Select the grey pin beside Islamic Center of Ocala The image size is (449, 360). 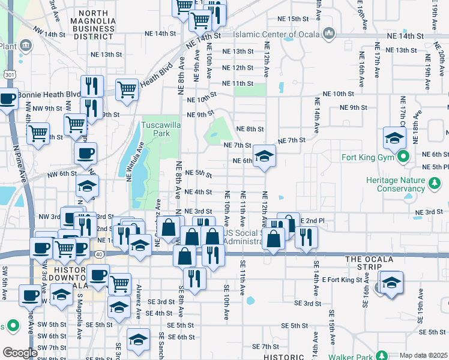click(x=328, y=34)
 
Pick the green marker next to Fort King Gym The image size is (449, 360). click(x=404, y=158)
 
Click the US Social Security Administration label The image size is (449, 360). click(x=243, y=237)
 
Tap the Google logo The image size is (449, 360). click(x=20, y=352)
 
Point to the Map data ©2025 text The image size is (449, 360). click(x=423, y=355)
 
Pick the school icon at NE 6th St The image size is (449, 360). click(x=263, y=157)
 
